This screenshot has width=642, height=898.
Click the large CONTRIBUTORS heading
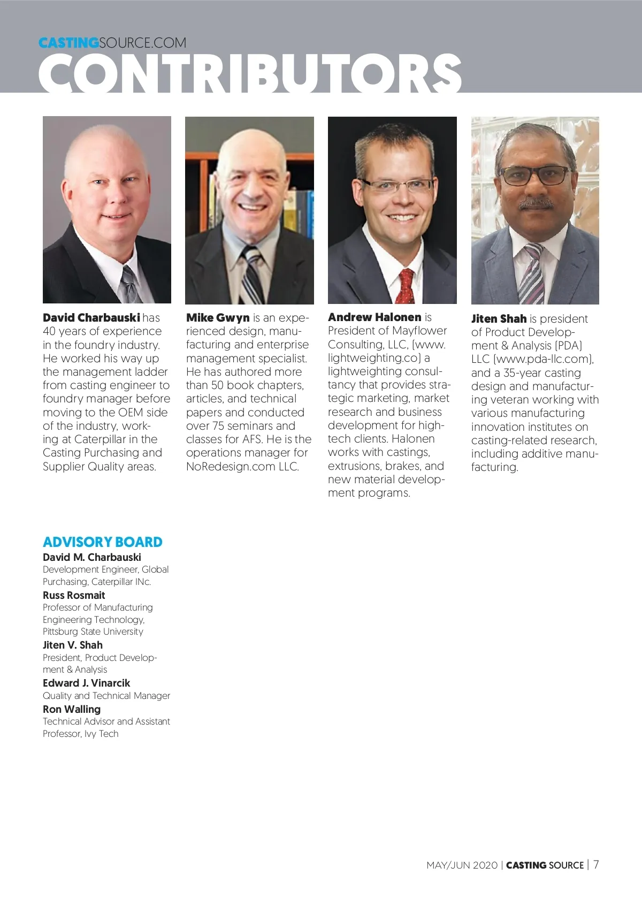250,74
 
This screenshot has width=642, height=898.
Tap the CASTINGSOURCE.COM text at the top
112,43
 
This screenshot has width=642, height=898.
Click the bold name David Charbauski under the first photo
91,318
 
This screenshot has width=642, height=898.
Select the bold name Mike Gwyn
218,318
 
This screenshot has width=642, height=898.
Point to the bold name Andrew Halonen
374,317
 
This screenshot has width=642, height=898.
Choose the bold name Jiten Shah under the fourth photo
499,319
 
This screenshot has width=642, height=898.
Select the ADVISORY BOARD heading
102,542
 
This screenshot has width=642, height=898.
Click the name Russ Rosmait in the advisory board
74,595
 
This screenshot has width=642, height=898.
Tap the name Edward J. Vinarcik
86,683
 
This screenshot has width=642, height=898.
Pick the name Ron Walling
72,709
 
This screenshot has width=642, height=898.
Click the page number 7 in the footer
596,864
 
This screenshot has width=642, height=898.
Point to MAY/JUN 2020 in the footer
462,865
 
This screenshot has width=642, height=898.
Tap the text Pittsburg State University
93,631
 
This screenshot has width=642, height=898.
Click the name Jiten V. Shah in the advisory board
73,645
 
